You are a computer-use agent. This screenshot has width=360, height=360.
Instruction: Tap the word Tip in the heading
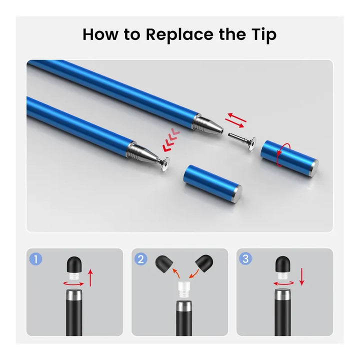tap(263, 34)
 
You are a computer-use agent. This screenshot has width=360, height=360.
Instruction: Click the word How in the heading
tap(100, 34)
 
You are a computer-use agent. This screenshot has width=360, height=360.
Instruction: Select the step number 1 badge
tap(36, 259)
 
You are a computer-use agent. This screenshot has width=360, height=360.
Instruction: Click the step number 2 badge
tap(140, 259)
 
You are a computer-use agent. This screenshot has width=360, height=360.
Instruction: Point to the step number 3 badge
tap(245, 259)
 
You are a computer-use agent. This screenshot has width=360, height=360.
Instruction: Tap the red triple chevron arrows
tap(171, 141)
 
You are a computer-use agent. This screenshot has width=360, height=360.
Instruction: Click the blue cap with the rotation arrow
tap(289, 158)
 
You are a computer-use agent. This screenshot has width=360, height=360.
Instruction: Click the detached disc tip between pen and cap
tap(243, 142)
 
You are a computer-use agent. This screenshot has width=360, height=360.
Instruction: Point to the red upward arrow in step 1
tap(90, 278)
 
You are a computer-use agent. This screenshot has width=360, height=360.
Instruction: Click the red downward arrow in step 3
tap(301, 276)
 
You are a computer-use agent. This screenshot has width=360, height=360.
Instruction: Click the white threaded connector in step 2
tap(183, 290)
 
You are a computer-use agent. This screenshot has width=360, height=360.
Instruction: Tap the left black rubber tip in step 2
tap(164, 263)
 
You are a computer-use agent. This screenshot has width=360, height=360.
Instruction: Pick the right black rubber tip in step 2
tap(204, 263)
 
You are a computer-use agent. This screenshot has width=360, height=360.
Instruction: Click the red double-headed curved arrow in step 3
tap(283, 284)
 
